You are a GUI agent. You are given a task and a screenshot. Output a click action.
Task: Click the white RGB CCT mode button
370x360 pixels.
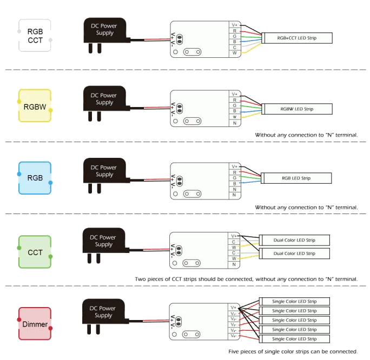point(35,36)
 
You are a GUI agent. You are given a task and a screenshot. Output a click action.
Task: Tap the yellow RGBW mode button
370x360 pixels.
point(35,106)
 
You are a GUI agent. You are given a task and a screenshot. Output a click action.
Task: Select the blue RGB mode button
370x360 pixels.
point(35,178)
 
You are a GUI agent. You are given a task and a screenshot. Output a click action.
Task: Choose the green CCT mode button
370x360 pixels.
point(35,252)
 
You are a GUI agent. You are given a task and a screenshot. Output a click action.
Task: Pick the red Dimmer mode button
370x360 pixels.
point(35,324)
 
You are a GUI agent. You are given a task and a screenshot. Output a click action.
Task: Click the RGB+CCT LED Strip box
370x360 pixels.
point(297,38)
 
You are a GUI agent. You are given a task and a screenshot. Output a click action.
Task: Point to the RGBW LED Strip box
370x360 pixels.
point(297,109)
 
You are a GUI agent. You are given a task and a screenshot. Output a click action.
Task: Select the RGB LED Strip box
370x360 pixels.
point(296,178)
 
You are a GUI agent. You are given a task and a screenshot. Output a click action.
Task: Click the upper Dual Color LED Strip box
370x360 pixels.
point(294,240)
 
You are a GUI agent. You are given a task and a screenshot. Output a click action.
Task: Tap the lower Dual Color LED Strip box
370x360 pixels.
point(294,254)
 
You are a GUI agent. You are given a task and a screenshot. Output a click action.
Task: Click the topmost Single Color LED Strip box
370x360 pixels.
point(294,302)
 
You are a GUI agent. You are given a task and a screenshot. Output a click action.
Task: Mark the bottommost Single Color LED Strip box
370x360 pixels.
point(294,339)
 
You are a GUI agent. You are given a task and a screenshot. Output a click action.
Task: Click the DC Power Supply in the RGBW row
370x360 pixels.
point(104,99)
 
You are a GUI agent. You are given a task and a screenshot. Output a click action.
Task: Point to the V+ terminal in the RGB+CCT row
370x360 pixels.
point(235,25)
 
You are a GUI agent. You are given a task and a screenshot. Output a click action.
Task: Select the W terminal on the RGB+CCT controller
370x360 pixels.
point(235,53)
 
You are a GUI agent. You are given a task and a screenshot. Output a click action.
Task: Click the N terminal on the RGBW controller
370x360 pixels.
point(235,123)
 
